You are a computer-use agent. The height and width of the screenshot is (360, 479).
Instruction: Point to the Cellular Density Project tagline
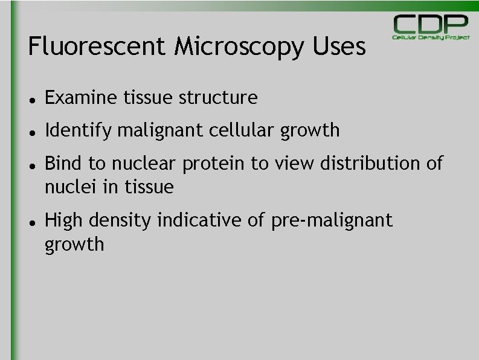click(x=431, y=37)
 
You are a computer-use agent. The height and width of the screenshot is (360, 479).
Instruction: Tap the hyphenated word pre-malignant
click(x=332, y=221)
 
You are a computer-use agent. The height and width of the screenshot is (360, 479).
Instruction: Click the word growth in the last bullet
click(x=74, y=245)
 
